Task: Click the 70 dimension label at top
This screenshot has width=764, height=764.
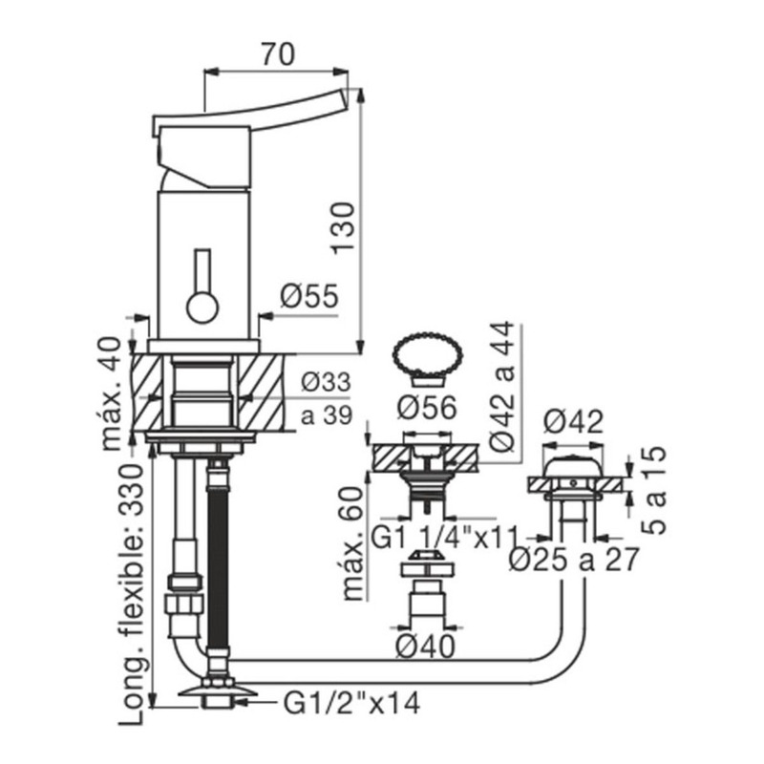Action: coord(278,54)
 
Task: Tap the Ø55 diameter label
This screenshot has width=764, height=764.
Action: coord(308,296)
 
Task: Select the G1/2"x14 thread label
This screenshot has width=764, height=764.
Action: coord(351,703)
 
